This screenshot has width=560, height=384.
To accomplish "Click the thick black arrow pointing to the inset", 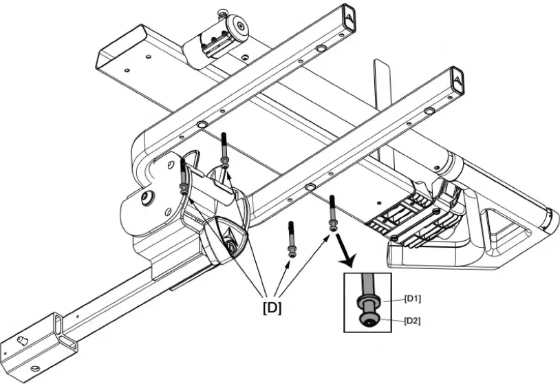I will [x=347, y=255].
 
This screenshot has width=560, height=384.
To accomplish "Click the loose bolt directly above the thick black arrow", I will [x=332, y=214].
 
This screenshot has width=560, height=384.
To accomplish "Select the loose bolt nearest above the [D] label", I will [x=292, y=238].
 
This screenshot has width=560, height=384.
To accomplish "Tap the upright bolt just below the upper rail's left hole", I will [x=225, y=148].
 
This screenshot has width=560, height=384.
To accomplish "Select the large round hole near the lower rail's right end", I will [x=429, y=111].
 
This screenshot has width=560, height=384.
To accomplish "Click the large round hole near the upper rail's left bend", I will [x=202, y=125].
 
